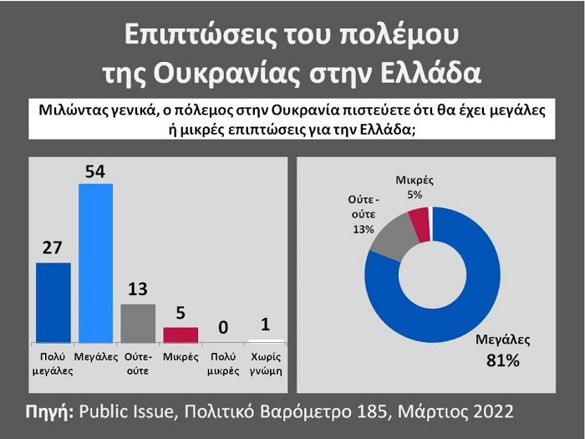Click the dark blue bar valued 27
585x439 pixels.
tap(53, 302)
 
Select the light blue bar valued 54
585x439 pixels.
tap(95, 262)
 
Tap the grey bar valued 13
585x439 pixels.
tap(138, 323)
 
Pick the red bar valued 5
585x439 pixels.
tap(181, 334)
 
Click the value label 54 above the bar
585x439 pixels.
tap(95, 171)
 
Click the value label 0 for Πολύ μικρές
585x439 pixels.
tap(223, 327)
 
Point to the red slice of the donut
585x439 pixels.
tap(420, 224)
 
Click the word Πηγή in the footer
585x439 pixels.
tap(49, 411)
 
